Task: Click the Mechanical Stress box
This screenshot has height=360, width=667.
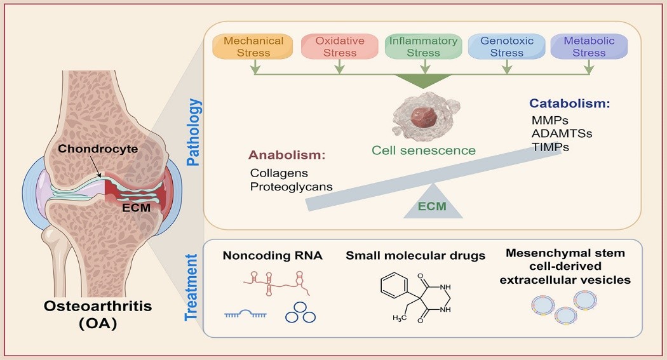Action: (253, 47)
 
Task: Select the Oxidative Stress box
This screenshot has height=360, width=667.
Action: (340, 47)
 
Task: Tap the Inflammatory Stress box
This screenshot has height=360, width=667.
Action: (422, 47)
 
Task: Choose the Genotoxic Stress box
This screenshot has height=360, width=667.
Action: (506, 47)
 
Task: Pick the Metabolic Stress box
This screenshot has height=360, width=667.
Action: (589, 47)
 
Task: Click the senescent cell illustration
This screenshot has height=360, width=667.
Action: (422, 118)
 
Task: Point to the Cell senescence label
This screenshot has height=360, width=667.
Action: (423, 150)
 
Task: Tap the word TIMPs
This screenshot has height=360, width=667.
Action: (550, 147)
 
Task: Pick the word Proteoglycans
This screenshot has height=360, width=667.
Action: (292, 187)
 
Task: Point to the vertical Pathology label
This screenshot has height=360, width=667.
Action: (193, 133)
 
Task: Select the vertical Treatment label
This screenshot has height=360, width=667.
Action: (193, 286)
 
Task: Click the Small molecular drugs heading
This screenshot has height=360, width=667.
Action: (415, 256)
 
